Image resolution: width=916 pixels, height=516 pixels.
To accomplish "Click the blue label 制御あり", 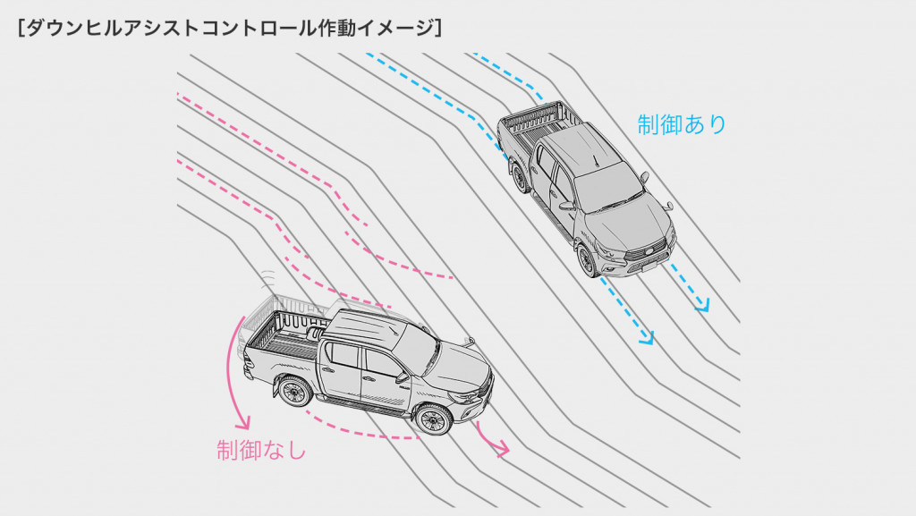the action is point(682,124).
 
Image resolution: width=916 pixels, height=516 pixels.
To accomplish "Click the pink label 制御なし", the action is point(261,450).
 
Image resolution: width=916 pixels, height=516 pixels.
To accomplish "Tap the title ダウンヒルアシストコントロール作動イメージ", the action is point(230,28).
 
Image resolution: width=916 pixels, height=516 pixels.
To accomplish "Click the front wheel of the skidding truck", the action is point(433,419).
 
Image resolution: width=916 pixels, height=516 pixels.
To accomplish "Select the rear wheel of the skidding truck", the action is point(294,391).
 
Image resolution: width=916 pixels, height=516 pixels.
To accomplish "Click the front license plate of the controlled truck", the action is point(649,267).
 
